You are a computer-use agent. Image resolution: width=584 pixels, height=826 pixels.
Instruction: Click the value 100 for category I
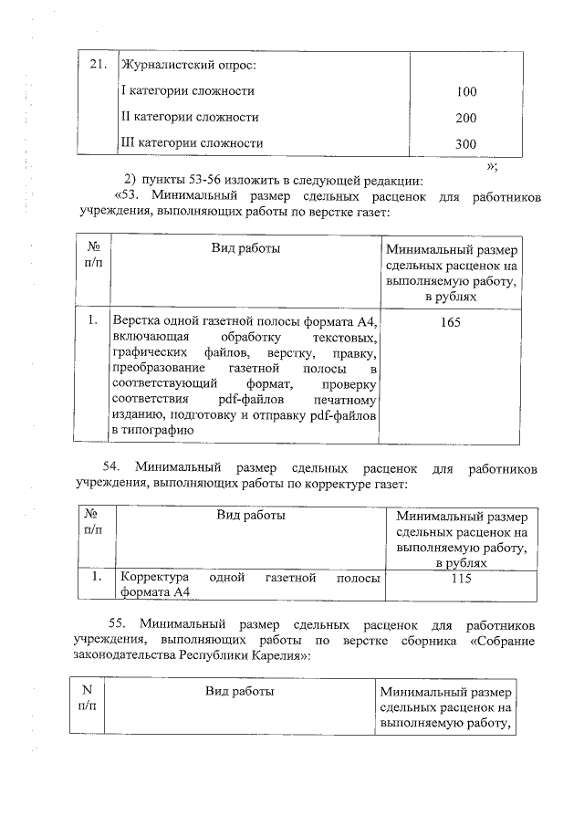click(x=466, y=92)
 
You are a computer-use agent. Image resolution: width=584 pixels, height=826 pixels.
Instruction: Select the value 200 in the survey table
click(x=466, y=119)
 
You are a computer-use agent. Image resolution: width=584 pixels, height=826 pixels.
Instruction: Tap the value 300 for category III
click(x=466, y=144)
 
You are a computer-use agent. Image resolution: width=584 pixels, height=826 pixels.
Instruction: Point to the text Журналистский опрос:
click(x=189, y=65)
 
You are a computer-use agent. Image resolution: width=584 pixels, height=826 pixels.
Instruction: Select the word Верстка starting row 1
click(x=136, y=322)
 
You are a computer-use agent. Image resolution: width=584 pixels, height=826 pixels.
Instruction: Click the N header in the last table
click(x=88, y=691)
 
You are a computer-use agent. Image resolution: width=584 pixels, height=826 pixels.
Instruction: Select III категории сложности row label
click(x=193, y=144)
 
